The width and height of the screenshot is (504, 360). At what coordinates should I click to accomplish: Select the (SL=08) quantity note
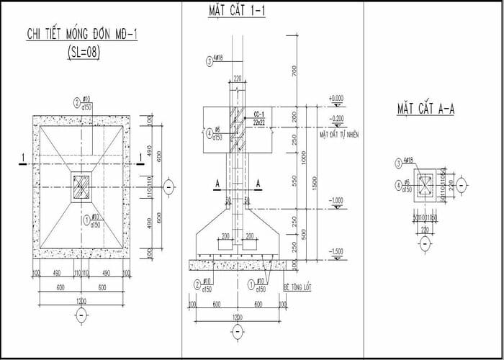(81, 51)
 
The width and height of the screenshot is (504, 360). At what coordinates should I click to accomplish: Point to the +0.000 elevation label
(336, 97)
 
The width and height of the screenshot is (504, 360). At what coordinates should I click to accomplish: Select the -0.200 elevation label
(336, 117)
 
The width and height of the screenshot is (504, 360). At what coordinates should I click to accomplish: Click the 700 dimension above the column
(294, 70)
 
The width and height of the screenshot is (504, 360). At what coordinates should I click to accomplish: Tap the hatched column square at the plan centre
(81, 186)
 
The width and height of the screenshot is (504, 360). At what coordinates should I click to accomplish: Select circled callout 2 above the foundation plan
(77, 102)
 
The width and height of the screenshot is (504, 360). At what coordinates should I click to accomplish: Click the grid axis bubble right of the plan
(168, 186)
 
